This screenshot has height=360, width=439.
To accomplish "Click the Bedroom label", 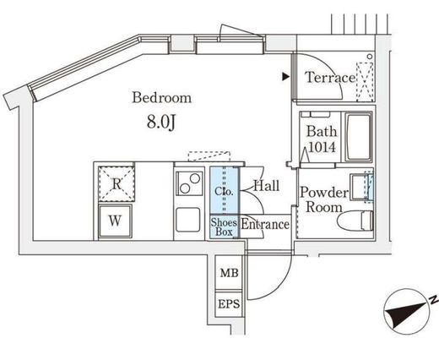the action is [x=162, y=97].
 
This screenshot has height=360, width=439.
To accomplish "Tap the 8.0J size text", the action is [x=161, y=122].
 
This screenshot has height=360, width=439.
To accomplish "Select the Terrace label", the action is [x=330, y=78].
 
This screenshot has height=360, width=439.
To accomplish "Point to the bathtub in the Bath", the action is [x=358, y=137].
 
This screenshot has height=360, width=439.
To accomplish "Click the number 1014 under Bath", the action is [x=322, y=147].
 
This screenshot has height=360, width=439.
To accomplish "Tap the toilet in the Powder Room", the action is [x=355, y=221].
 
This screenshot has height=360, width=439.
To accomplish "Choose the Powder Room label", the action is [x=324, y=199].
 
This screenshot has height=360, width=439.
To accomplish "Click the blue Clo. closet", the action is [x=225, y=190].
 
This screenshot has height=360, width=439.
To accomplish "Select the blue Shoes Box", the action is [x=225, y=226].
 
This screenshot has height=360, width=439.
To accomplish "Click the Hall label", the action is [x=267, y=186].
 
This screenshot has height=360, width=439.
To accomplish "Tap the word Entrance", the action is [x=265, y=225].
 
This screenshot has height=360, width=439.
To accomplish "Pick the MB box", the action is [x=229, y=273].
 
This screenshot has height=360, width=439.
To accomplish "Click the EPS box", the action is [x=229, y=304].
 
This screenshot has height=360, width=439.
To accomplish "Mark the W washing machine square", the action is [x=115, y=221].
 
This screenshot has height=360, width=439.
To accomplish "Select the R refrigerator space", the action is [x=117, y=184].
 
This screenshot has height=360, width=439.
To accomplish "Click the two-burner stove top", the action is [x=189, y=183].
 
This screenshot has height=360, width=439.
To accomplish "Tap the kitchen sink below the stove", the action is [x=188, y=220].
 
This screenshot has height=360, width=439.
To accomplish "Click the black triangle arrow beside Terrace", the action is [x=286, y=77].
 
